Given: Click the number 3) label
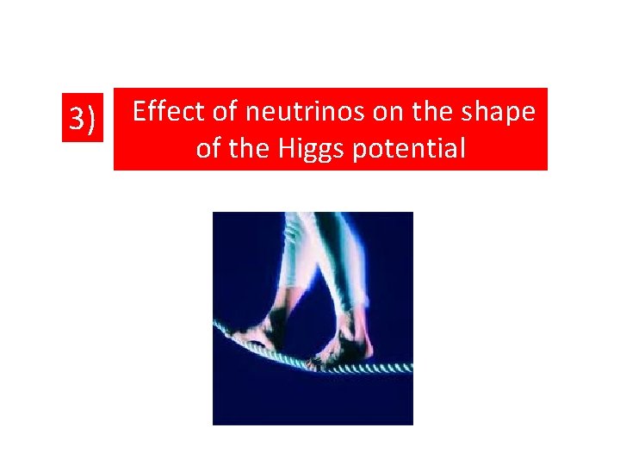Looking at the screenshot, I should click(x=82, y=119).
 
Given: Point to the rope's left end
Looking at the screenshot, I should click(x=216, y=325).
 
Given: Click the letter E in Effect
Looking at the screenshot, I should click(x=140, y=111).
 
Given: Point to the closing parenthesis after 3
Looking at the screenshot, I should click(x=91, y=119).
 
